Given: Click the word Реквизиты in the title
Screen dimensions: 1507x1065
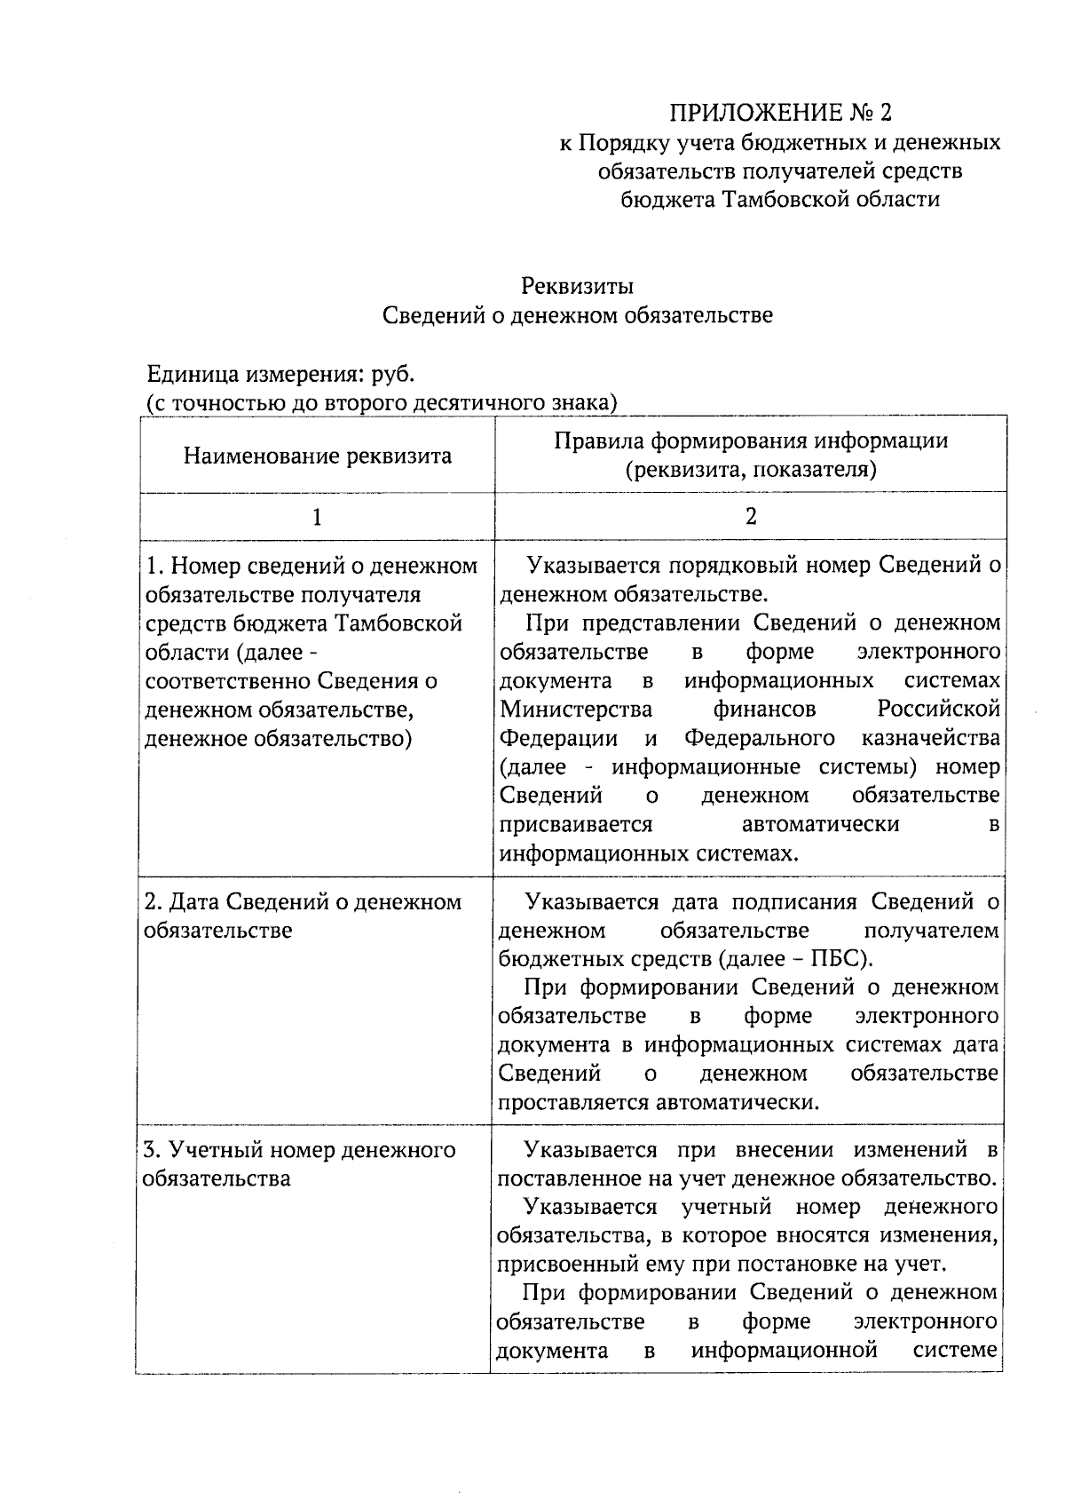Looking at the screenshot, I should pos(577,286).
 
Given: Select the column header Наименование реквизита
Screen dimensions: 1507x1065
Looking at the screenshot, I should pos(317,456).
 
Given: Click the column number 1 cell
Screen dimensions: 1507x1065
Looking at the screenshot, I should pos(317,517).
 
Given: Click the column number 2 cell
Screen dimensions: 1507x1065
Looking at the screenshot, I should pos(751,517).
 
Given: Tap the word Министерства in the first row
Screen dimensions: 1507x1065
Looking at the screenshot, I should pos(576,709).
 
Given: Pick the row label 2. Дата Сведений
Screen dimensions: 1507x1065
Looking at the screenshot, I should pos(302,902).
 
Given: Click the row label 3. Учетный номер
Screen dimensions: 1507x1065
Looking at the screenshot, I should pos(299,1151).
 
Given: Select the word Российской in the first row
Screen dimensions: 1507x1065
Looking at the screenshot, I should pos(939,709).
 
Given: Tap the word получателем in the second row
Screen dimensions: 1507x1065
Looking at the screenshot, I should pos(931,931).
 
